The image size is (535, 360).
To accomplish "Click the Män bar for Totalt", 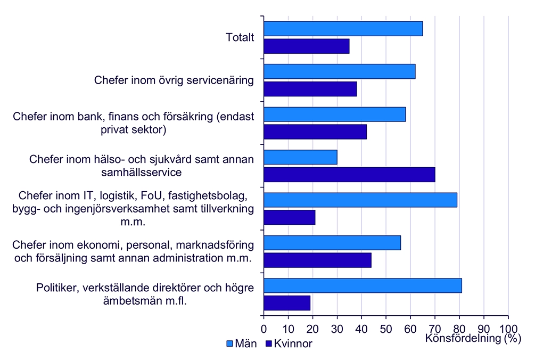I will (x=343, y=29).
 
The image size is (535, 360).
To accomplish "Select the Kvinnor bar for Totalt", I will (x=307, y=46).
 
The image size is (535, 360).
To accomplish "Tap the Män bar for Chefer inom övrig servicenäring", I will (x=340, y=71).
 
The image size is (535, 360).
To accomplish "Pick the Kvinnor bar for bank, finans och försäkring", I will (x=315, y=132).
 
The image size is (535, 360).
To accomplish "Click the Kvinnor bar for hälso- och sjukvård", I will (x=349, y=174).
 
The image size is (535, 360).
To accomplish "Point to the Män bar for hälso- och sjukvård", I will (x=301, y=157).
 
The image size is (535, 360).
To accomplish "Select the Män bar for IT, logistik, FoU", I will (x=360, y=200).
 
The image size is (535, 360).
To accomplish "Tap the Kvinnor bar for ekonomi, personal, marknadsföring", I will (x=318, y=260).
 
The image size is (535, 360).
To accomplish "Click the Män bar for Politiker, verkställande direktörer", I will (x=363, y=285).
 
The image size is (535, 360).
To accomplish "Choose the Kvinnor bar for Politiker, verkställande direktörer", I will (x=287, y=302).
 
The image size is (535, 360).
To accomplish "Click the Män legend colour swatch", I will (x=230, y=343).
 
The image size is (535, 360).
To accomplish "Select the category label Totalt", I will (x=240, y=38).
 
